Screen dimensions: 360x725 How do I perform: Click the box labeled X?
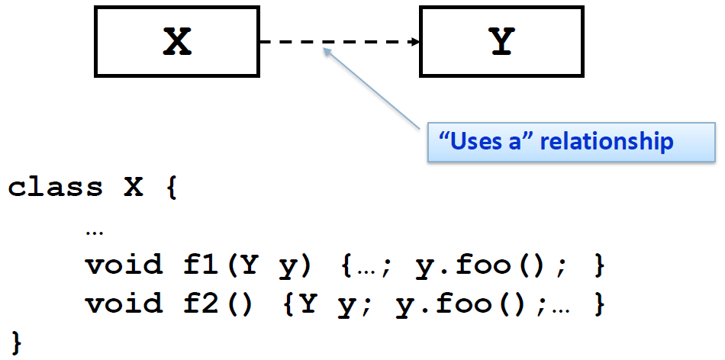pyautogui.click(x=177, y=43)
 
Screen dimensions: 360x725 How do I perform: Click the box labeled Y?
pyautogui.click(x=501, y=43)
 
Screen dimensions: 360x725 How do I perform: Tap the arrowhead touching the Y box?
pyautogui.click(x=416, y=43)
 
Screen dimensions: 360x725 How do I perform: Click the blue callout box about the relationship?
pyautogui.click(x=572, y=141)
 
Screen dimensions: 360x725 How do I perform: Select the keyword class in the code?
pyautogui.click(x=55, y=188)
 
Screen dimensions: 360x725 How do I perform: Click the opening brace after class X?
pyautogui.click(x=169, y=188)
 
